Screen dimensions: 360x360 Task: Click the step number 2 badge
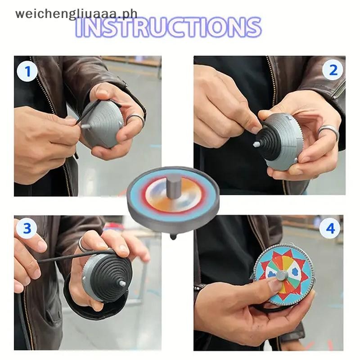tap(333, 70)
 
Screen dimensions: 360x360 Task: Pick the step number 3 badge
tap(27, 228)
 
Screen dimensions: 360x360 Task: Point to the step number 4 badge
tap(330, 229)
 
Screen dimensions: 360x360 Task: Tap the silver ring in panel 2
tap(328, 131)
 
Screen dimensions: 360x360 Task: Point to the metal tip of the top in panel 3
tap(122, 283)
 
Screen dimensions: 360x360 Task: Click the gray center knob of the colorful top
tap(281, 275)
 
